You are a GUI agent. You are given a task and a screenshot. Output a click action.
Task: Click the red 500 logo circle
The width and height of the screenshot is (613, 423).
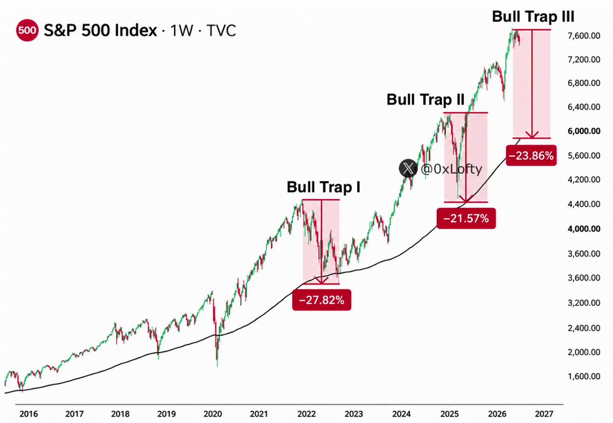(27, 30)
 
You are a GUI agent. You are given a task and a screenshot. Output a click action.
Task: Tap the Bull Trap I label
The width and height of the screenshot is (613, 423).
(323, 187)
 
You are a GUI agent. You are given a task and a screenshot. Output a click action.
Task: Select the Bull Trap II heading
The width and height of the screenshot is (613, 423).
(425, 99)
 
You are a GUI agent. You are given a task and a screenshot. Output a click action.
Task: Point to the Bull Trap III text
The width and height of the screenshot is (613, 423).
(533, 17)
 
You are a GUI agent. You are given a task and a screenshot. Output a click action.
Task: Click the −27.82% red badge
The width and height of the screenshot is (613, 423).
(321, 300)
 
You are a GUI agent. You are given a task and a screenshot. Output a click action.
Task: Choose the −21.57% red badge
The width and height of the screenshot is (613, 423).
(466, 218)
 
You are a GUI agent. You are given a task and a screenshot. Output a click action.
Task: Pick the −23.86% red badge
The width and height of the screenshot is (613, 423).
(531, 155)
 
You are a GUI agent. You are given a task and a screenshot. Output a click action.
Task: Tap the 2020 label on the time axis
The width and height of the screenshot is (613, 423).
(213, 414)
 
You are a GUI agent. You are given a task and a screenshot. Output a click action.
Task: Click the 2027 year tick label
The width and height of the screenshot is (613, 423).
(544, 414)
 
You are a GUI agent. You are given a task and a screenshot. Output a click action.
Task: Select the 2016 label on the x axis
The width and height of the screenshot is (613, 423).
(29, 414)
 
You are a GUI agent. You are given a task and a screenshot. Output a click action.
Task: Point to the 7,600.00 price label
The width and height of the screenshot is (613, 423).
(584, 36)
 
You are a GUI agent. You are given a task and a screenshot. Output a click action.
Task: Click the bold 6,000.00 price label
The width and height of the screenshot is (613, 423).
(584, 131)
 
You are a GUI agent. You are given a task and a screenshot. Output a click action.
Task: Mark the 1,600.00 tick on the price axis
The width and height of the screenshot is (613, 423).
(584, 377)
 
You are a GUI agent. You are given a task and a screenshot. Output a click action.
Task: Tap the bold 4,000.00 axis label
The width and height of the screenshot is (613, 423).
(584, 229)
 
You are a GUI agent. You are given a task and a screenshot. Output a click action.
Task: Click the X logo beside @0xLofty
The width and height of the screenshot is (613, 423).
(408, 168)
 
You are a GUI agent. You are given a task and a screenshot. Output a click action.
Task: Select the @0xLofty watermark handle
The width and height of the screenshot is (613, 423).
(451, 170)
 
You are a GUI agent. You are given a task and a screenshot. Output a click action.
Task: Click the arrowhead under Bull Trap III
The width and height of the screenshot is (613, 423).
(532, 135)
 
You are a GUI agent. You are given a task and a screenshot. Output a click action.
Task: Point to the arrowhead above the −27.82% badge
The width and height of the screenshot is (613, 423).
(321, 280)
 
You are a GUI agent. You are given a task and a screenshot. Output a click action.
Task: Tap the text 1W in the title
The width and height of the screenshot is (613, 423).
(182, 30)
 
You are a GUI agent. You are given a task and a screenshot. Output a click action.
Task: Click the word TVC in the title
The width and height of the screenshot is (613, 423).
(221, 30)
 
